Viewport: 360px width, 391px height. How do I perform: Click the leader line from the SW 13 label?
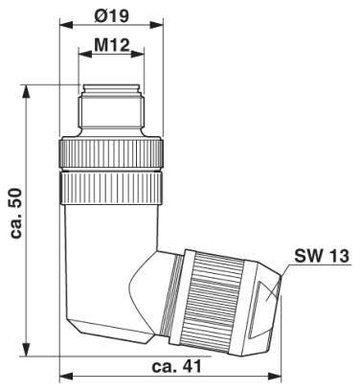pos(287,272)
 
